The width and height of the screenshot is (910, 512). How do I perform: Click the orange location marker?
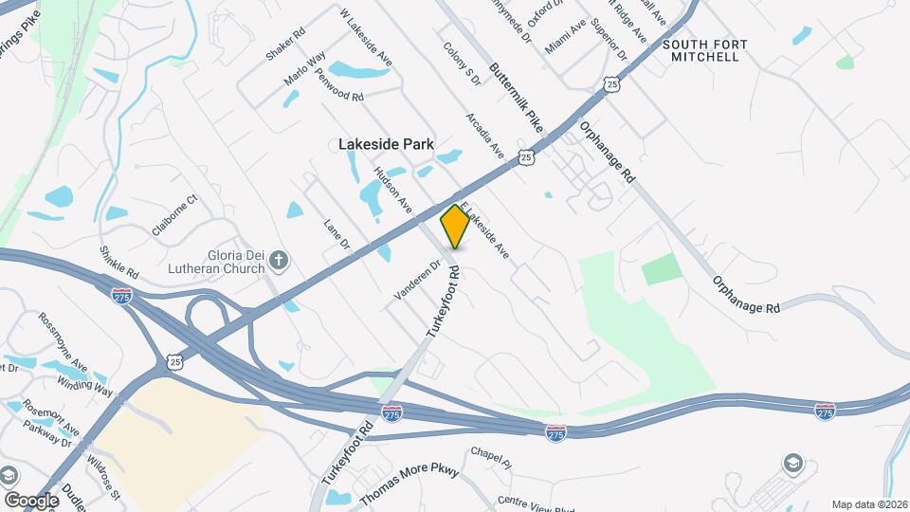[x=455, y=226]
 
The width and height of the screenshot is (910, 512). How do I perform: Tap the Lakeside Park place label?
[x=386, y=144]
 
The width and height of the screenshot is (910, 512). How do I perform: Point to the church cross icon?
[x=279, y=259]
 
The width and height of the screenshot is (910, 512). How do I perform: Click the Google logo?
[x=31, y=500]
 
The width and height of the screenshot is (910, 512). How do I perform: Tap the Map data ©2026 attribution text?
[x=868, y=504]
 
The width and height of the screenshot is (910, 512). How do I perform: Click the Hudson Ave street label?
[x=393, y=190]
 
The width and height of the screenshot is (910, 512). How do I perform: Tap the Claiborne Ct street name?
[x=173, y=215]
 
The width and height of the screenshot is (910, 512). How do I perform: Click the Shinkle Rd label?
[x=118, y=262]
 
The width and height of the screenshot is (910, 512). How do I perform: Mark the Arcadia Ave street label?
[x=483, y=136]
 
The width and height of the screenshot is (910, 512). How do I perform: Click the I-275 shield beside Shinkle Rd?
[x=121, y=296]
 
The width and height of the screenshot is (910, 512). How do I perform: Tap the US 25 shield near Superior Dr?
[x=612, y=85]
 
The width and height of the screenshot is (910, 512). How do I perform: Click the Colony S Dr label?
[x=463, y=64]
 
